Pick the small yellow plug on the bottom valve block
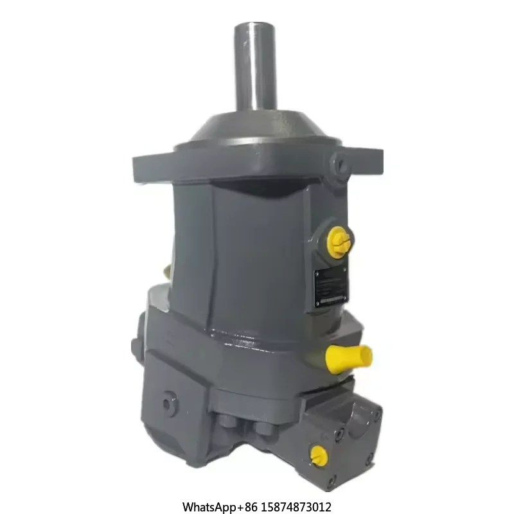(x=316, y=455)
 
